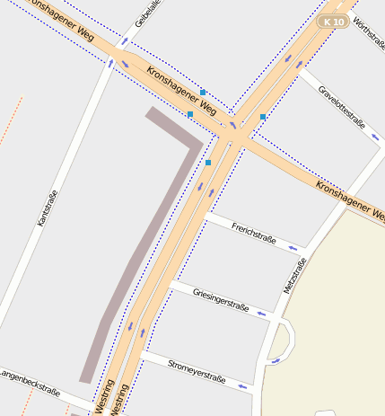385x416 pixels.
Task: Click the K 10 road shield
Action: [x=334, y=21]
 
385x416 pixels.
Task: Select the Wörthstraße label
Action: [x=368, y=32]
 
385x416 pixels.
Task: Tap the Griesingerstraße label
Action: [x=221, y=300]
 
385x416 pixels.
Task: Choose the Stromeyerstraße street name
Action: [x=197, y=369]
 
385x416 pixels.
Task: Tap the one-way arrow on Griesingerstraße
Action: [x=261, y=314]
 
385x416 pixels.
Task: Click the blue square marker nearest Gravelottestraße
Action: [x=262, y=117]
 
